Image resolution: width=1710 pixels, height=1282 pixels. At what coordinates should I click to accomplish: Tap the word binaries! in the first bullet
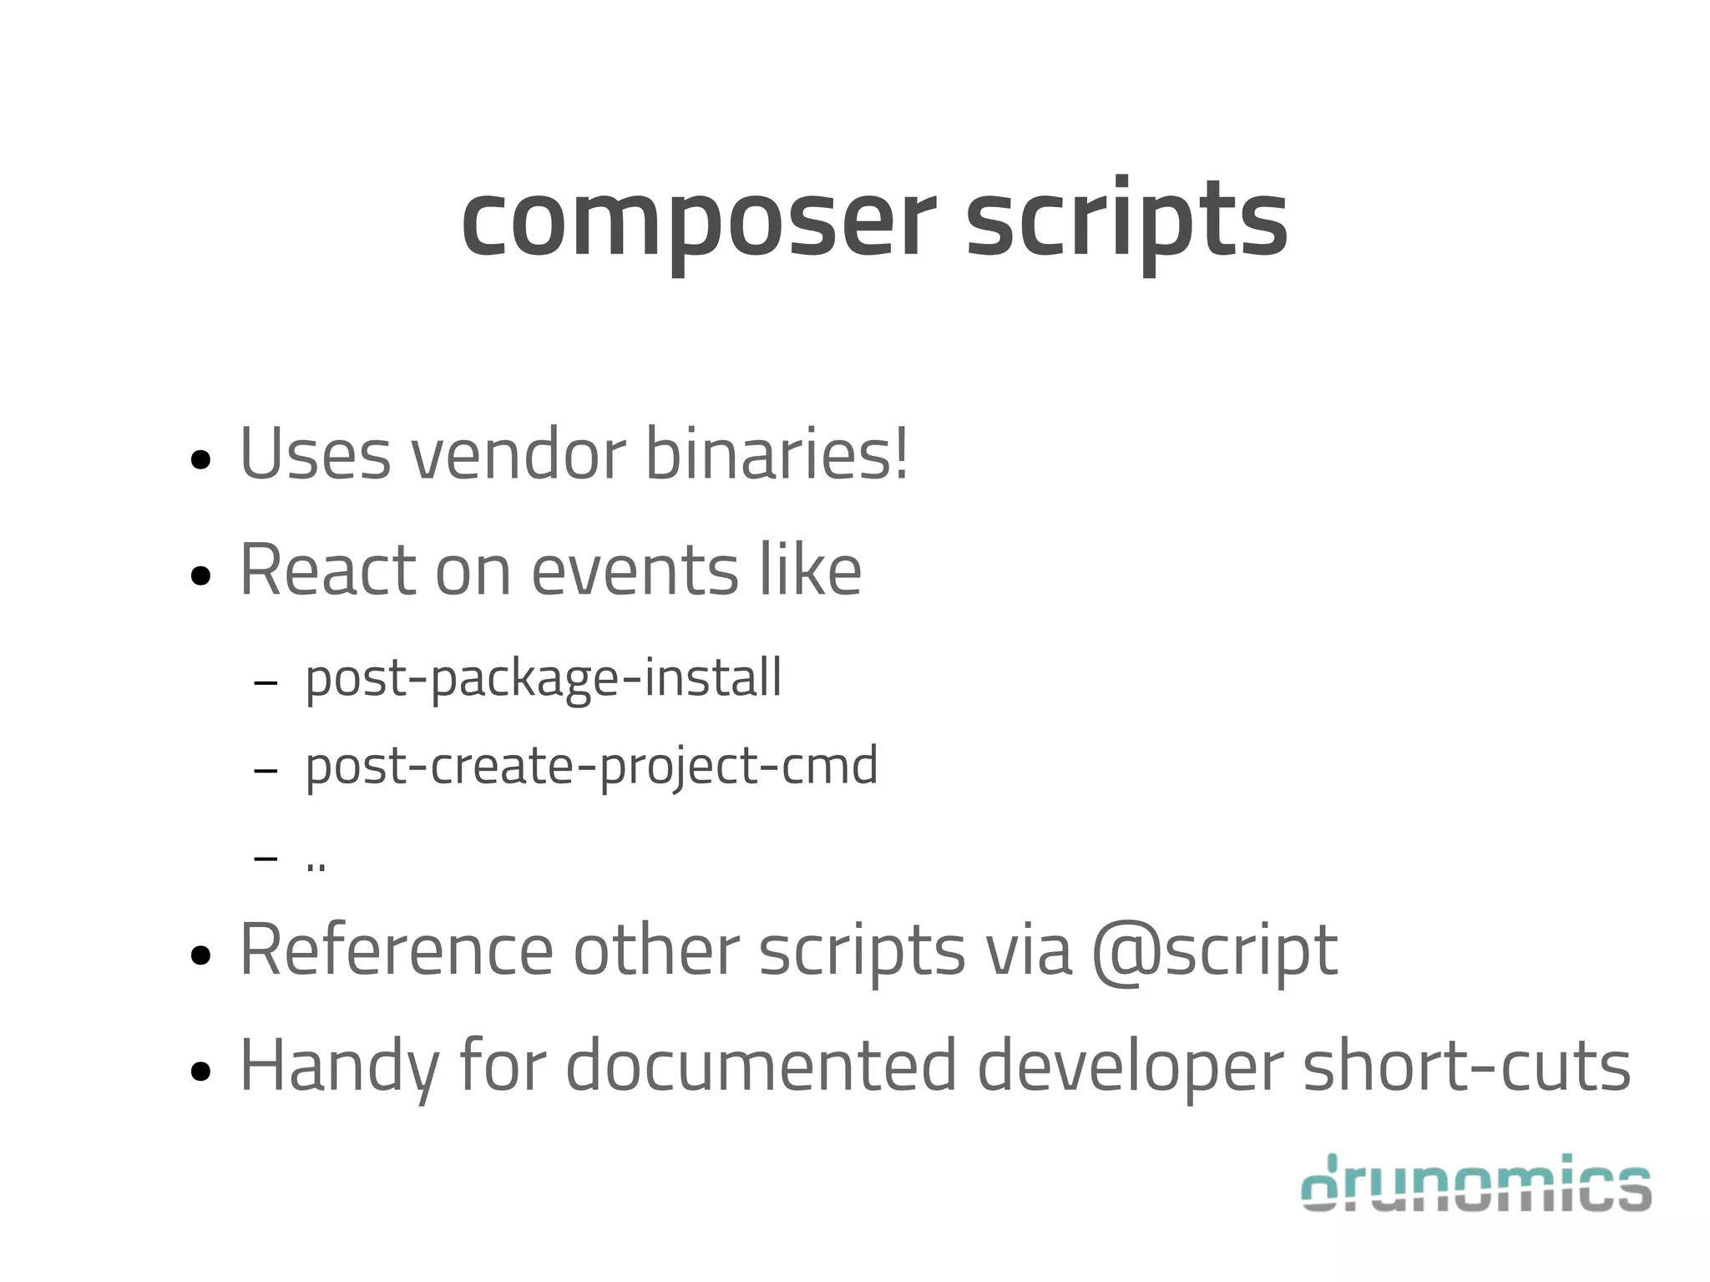coord(777,454)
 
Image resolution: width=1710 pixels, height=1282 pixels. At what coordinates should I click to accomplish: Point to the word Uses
coord(315,454)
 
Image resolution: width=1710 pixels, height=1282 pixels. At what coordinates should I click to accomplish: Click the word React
coord(327,570)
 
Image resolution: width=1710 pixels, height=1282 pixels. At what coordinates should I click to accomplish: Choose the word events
coord(635,570)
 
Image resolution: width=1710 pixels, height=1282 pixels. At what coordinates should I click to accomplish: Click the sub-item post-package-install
coord(544,677)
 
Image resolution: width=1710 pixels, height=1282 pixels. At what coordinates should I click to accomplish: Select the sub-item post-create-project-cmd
coord(591,766)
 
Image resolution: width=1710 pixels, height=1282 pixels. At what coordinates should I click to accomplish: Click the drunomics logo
coord(1476,1183)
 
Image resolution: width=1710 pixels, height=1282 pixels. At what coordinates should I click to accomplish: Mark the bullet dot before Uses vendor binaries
coord(200,459)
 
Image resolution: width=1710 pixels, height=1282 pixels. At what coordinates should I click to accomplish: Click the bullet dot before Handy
coord(200,1072)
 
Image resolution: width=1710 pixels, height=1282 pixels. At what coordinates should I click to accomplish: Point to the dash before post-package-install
coord(266,683)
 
